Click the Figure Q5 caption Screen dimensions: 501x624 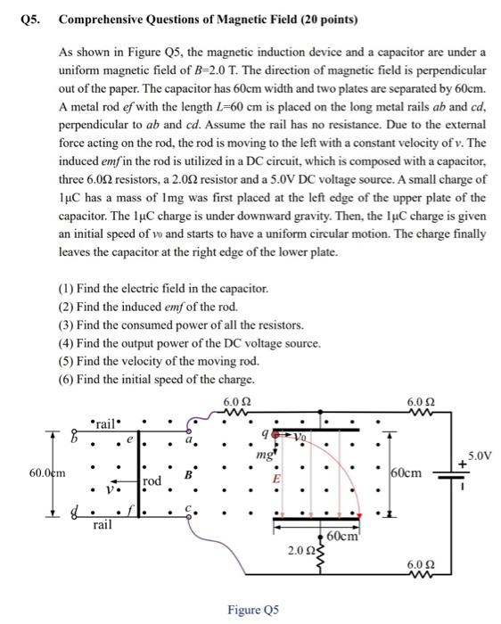click(253, 610)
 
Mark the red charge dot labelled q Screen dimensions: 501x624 click(277, 436)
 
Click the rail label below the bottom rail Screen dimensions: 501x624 click(103, 527)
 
